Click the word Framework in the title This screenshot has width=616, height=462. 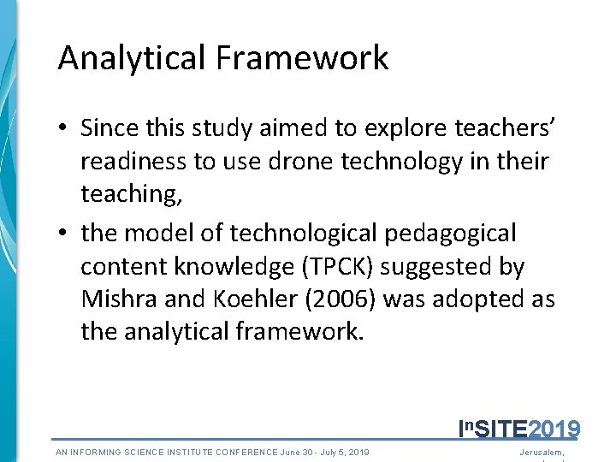pyautogui.click(x=302, y=58)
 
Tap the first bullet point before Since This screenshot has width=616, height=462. pyautogui.click(x=64, y=128)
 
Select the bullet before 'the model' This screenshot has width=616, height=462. pyautogui.click(x=64, y=233)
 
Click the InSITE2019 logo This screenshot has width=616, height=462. pyautogui.click(x=519, y=428)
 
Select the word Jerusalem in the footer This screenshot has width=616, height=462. pyautogui.click(x=542, y=452)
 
